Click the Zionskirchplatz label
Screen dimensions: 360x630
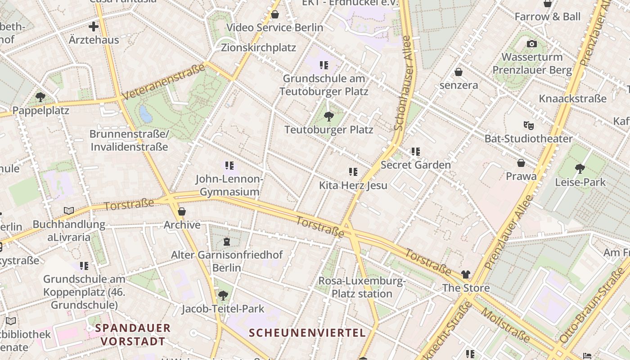pos(258,48)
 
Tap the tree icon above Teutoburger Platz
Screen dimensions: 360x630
pos(329,117)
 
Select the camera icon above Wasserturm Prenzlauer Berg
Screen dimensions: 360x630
pos(532,44)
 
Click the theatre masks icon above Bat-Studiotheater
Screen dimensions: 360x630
pos(528,125)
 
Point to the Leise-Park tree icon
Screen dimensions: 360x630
pos(580,169)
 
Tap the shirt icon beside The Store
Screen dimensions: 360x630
pos(466,274)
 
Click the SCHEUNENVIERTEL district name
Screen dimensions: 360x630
pos(307,333)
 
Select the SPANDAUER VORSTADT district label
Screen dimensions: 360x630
pos(133,334)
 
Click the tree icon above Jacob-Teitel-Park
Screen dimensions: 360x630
pos(223,296)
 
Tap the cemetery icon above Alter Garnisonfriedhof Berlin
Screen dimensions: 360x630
pos(227,242)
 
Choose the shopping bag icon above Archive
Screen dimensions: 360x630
pos(182,211)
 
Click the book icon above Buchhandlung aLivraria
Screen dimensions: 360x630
pos(69,211)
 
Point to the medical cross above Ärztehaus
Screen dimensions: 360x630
pos(94,27)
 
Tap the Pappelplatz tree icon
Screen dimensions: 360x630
pos(40,97)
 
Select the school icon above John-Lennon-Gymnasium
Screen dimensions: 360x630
pos(229,166)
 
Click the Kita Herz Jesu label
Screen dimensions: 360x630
pos(353,185)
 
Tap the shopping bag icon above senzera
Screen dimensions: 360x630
pos(459,72)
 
